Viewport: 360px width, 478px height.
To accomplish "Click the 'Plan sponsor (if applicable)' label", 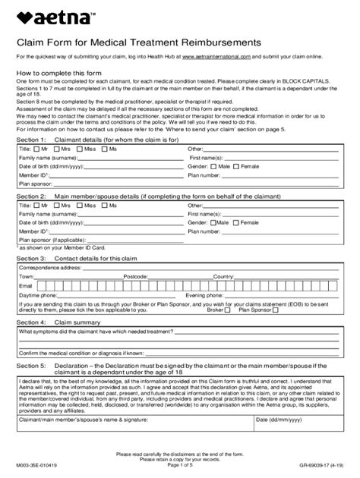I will (49, 240).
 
